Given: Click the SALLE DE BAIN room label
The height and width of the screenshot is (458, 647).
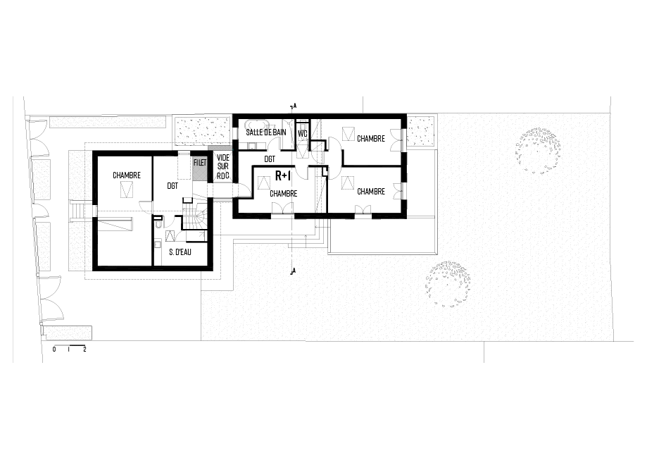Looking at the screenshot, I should tap(266, 132).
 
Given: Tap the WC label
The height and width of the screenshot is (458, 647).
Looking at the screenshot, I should tap(303, 132).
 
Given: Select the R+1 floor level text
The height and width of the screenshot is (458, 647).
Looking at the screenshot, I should tap(284, 175).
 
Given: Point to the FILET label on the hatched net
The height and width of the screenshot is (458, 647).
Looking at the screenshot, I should tap(199, 163).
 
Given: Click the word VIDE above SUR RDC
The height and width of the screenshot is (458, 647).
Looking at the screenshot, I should tap(222, 157).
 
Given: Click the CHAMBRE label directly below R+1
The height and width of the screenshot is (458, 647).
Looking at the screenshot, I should tap(282, 193).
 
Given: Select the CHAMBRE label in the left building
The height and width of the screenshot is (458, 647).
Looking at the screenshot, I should tap(127, 175).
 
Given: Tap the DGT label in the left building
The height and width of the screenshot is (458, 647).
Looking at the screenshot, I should tap(172, 187).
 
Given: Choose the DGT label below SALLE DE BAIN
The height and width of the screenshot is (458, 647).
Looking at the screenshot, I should tap(270, 160).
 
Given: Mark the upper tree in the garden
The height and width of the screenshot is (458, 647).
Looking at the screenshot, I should tap(539, 150).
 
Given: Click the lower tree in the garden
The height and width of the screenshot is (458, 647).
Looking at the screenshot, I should tap(446, 283).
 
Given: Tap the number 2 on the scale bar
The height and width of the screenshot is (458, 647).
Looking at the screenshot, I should tap(84, 349).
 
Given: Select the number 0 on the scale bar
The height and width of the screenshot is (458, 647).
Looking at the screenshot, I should tap(55, 349).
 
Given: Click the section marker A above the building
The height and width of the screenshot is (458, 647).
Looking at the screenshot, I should tap(295, 106).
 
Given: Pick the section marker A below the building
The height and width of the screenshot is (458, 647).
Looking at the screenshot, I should tap(295, 271).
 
